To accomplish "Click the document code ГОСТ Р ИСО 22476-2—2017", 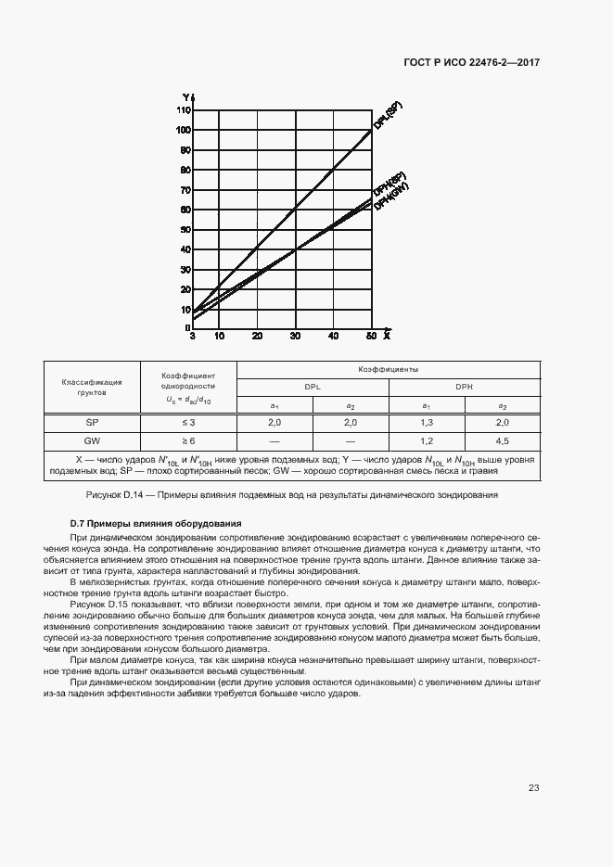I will (x=471, y=63).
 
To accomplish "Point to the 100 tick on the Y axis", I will (x=184, y=130).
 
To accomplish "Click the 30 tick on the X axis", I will (x=295, y=336).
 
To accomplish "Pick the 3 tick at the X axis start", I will (x=192, y=336).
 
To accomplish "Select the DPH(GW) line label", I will (x=392, y=197).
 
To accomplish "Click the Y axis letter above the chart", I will (x=185, y=97).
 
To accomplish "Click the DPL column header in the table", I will (x=313, y=387).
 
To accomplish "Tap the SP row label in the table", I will (x=92, y=423).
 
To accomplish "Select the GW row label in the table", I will (x=92, y=441).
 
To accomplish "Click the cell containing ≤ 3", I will (x=188, y=423).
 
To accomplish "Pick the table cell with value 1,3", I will (x=427, y=423).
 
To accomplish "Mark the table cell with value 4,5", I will (x=502, y=441).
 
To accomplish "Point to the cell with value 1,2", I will (x=427, y=441).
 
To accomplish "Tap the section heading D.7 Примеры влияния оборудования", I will (x=156, y=524).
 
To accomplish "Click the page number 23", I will (x=533, y=788).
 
